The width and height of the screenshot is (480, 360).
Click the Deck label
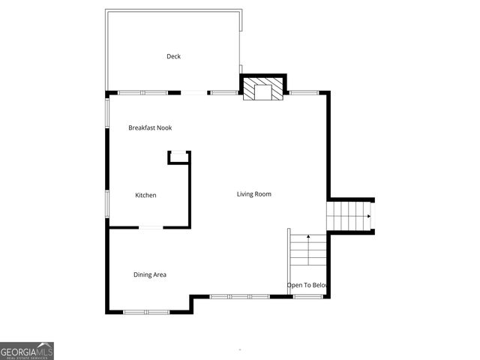click(173, 56)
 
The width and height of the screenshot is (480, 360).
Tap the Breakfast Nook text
click(150, 127)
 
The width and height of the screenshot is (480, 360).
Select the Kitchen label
click(145, 196)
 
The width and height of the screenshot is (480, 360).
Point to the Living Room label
click(253, 194)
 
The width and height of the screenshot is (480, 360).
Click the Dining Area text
click(150, 274)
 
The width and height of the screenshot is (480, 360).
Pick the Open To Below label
click(307, 285)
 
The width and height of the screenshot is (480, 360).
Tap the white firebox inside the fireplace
click(263, 92)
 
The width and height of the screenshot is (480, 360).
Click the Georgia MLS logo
click(27, 351)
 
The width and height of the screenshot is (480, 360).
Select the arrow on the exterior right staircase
click(367, 216)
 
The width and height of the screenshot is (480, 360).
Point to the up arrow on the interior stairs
click(308, 238)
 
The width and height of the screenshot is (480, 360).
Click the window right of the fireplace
click(303, 92)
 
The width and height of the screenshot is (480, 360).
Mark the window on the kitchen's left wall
click(106, 202)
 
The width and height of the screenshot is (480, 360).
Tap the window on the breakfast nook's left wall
click(106, 116)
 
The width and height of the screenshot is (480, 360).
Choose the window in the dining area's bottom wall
click(147, 311)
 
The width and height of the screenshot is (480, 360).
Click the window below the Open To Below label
click(307, 296)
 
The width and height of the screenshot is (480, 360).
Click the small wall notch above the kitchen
click(178, 156)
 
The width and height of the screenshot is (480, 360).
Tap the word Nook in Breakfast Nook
click(163, 127)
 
